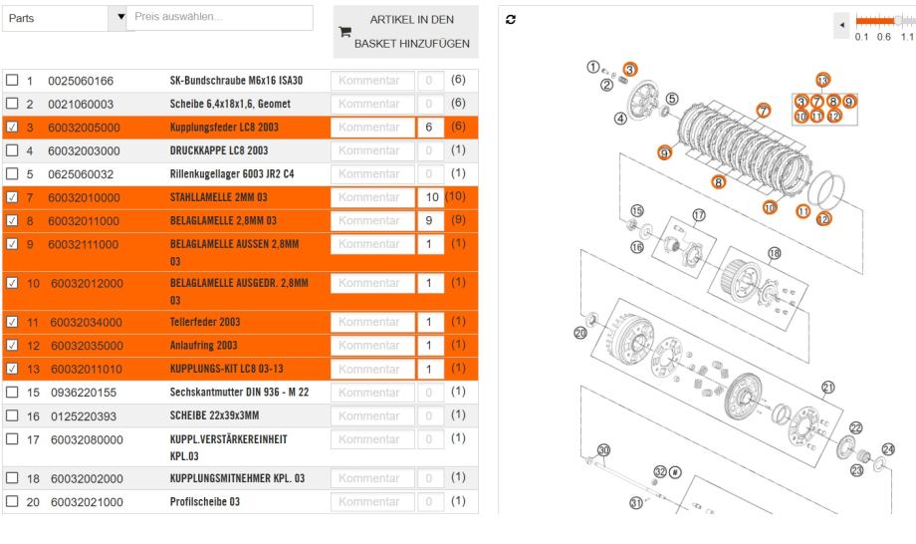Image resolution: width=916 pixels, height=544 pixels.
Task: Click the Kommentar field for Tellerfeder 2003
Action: click(370, 321)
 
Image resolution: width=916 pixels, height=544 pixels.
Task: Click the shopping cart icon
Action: click(345, 32)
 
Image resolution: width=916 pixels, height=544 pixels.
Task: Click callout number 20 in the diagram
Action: click(581, 335)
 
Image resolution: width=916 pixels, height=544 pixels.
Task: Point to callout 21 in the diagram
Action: click(826, 387)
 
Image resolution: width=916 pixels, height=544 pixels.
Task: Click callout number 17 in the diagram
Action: click(698, 214)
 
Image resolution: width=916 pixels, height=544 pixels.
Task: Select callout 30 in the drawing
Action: click(602, 450)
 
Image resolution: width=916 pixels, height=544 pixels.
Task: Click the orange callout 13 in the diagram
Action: click(822, 80)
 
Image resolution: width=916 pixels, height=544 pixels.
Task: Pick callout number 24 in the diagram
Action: click(889, 449)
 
